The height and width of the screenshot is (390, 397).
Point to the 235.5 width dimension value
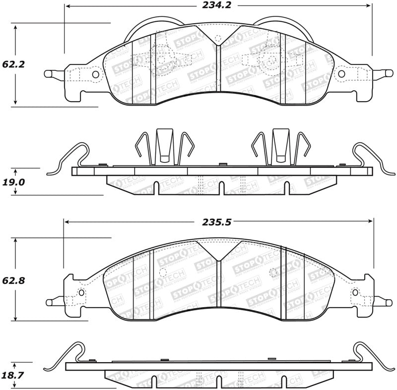[217, 223]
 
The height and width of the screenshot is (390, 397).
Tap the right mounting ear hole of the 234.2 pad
[342, 74]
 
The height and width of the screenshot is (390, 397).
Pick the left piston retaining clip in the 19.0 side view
[164, 146]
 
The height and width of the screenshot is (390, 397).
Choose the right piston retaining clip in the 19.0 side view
[280, 146]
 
